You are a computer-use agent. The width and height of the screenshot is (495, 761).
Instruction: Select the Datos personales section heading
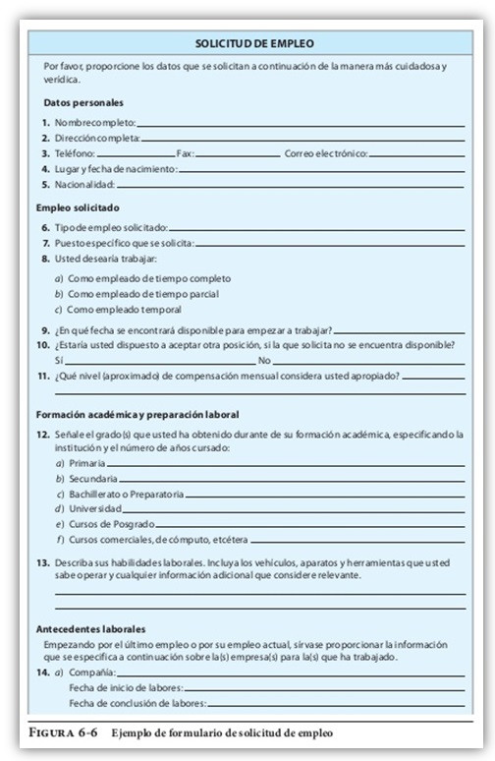(83, 102)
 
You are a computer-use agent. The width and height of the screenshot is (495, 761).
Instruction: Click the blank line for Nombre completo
(300, 125)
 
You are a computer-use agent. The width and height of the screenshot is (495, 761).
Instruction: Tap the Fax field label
(186, 154)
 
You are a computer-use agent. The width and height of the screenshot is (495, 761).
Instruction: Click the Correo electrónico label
(325, 154)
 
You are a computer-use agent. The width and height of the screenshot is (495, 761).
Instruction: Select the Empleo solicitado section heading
(78, 207)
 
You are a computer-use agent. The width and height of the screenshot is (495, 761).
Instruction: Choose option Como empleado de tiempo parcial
(142, 293)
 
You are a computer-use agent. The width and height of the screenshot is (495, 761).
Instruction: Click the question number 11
(44, 375)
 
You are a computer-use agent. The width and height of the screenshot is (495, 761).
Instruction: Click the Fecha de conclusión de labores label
(137, 704)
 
